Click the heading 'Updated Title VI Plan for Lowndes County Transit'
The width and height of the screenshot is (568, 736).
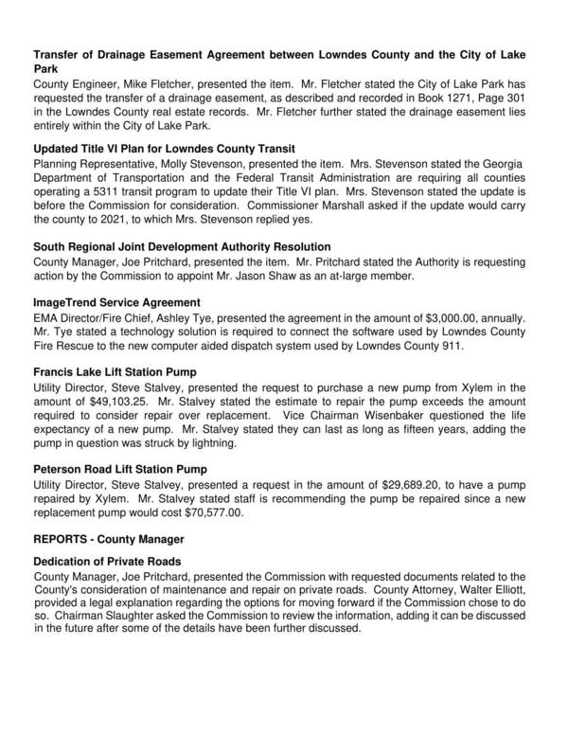(x=164, y=149)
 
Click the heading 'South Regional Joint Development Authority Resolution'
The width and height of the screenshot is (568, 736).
(x=182, y=245)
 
